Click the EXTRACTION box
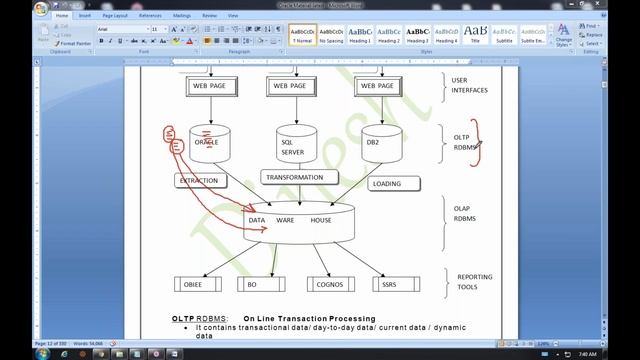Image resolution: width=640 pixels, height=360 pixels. tap(198, 181)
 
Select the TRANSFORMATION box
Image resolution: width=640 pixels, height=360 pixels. tap(300, 177)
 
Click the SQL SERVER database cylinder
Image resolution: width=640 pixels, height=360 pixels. tap(293, 146)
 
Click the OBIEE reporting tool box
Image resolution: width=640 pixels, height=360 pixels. tap(197, 285)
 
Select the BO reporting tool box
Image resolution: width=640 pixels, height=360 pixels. tap(253, 285)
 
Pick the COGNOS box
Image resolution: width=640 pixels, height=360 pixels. tap(329, 285)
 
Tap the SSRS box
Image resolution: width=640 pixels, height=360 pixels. tap(389, 285)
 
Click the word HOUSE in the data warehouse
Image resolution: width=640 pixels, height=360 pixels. tap(321, 220)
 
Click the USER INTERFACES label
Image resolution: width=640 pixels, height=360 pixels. tap(469, 85)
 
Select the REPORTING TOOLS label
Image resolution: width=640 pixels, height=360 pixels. tap(475, 282)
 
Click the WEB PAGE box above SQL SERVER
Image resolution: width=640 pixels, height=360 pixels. tap(292, 86)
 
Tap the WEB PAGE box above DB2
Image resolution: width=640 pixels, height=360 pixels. tap(378, 86)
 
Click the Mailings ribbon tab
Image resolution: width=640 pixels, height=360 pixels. tap(183, 16)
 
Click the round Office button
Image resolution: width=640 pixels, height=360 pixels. tap(40, 9)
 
